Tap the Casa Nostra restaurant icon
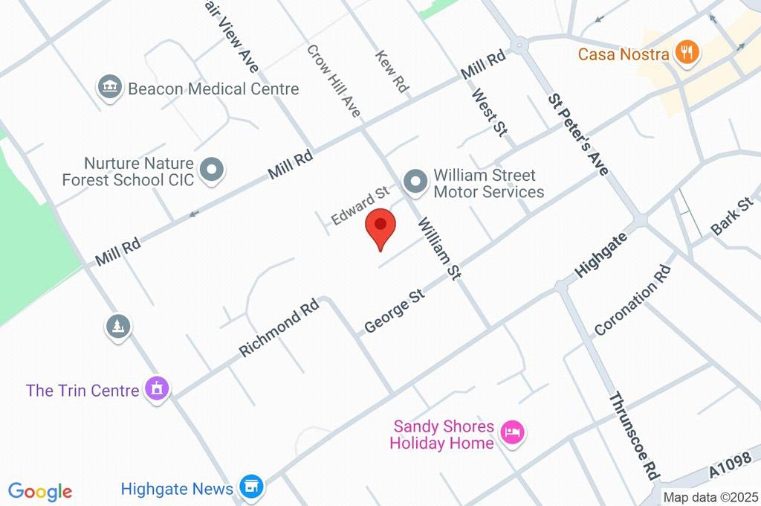coord(685,53)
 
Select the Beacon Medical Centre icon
coord(109,87)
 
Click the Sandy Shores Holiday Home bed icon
coord(512,431)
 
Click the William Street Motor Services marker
coord(415,181)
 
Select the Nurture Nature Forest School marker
coord(213,170)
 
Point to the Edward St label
coord(360,206)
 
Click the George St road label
coord(395,312)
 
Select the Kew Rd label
coord(392,71)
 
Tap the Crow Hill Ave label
coord(334,80)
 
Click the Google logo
coord(40,491)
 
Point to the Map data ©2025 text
coord(710,497)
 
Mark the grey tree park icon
coord(118,326)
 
